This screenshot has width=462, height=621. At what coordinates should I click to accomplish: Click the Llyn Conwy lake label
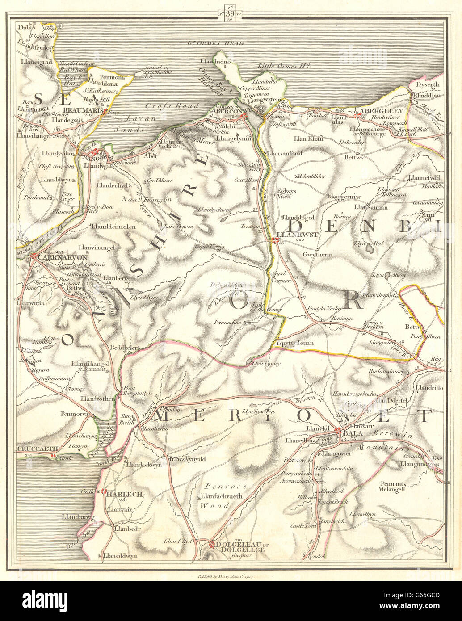(x=266, y=364)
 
